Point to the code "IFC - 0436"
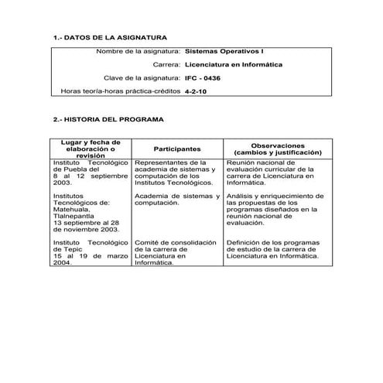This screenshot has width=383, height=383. (x=203, y=78)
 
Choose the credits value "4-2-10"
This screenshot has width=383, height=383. (x=196, y=91)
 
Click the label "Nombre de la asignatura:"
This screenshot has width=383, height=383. (x=138, y=51)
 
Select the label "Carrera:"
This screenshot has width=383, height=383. (x=166, y=64)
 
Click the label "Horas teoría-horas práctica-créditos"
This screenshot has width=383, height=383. (x=121, y=91)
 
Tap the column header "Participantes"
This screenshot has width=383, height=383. (x=177, y=149)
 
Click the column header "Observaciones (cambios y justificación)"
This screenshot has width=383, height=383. (x=277, y=149)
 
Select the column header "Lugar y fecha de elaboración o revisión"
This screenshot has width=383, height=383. (x=91, y=149)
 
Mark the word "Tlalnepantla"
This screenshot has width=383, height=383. (x=74, y=217)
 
